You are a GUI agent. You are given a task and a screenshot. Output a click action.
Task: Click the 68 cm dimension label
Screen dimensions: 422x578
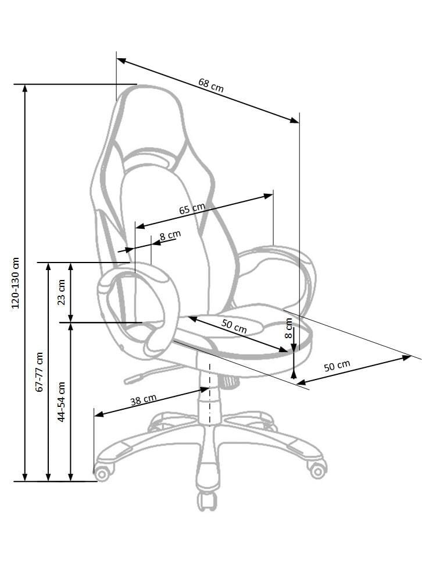[211, 85]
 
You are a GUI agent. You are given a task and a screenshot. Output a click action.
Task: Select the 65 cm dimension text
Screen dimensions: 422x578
[192, 208]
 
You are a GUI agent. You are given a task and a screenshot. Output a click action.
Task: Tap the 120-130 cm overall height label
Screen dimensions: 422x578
[16, 283]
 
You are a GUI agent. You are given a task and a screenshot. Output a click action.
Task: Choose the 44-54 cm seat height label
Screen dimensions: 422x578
[61, 402]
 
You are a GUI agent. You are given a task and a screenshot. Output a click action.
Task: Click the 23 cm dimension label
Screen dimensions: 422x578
[61, 292]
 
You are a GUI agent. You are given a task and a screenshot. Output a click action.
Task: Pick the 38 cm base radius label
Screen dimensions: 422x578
[144, 399]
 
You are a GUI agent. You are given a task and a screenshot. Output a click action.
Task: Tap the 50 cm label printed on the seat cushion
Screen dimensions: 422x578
[234, 326]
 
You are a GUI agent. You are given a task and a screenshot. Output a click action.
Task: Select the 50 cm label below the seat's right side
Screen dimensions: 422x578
[337, 366]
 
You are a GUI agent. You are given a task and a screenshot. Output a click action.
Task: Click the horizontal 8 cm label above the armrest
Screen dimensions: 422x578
[170, 235]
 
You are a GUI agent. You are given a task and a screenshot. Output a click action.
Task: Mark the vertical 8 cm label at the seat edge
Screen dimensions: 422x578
[289, 328]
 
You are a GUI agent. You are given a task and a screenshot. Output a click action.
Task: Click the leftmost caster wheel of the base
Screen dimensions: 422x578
[102, 472]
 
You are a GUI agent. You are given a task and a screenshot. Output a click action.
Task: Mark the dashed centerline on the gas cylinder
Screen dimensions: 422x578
[209, 395]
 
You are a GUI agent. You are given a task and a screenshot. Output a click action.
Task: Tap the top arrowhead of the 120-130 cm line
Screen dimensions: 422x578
[25, 89]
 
